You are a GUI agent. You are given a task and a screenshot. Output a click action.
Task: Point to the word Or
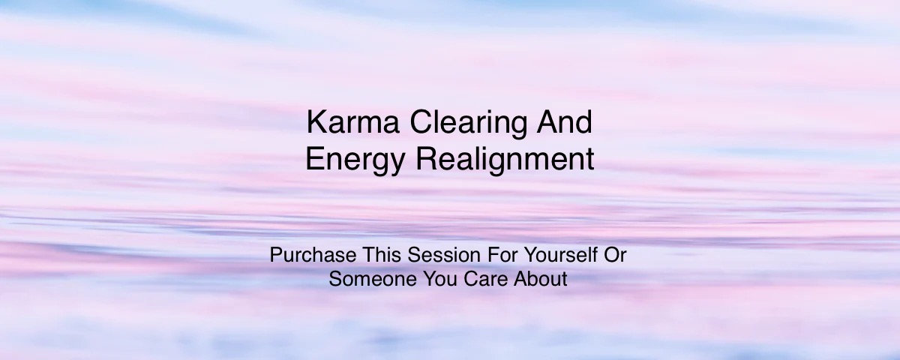[x=615, y=255]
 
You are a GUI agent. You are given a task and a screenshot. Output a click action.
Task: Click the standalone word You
[x=424, y=279]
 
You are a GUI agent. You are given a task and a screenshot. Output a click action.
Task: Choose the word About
[x=535, y=279]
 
